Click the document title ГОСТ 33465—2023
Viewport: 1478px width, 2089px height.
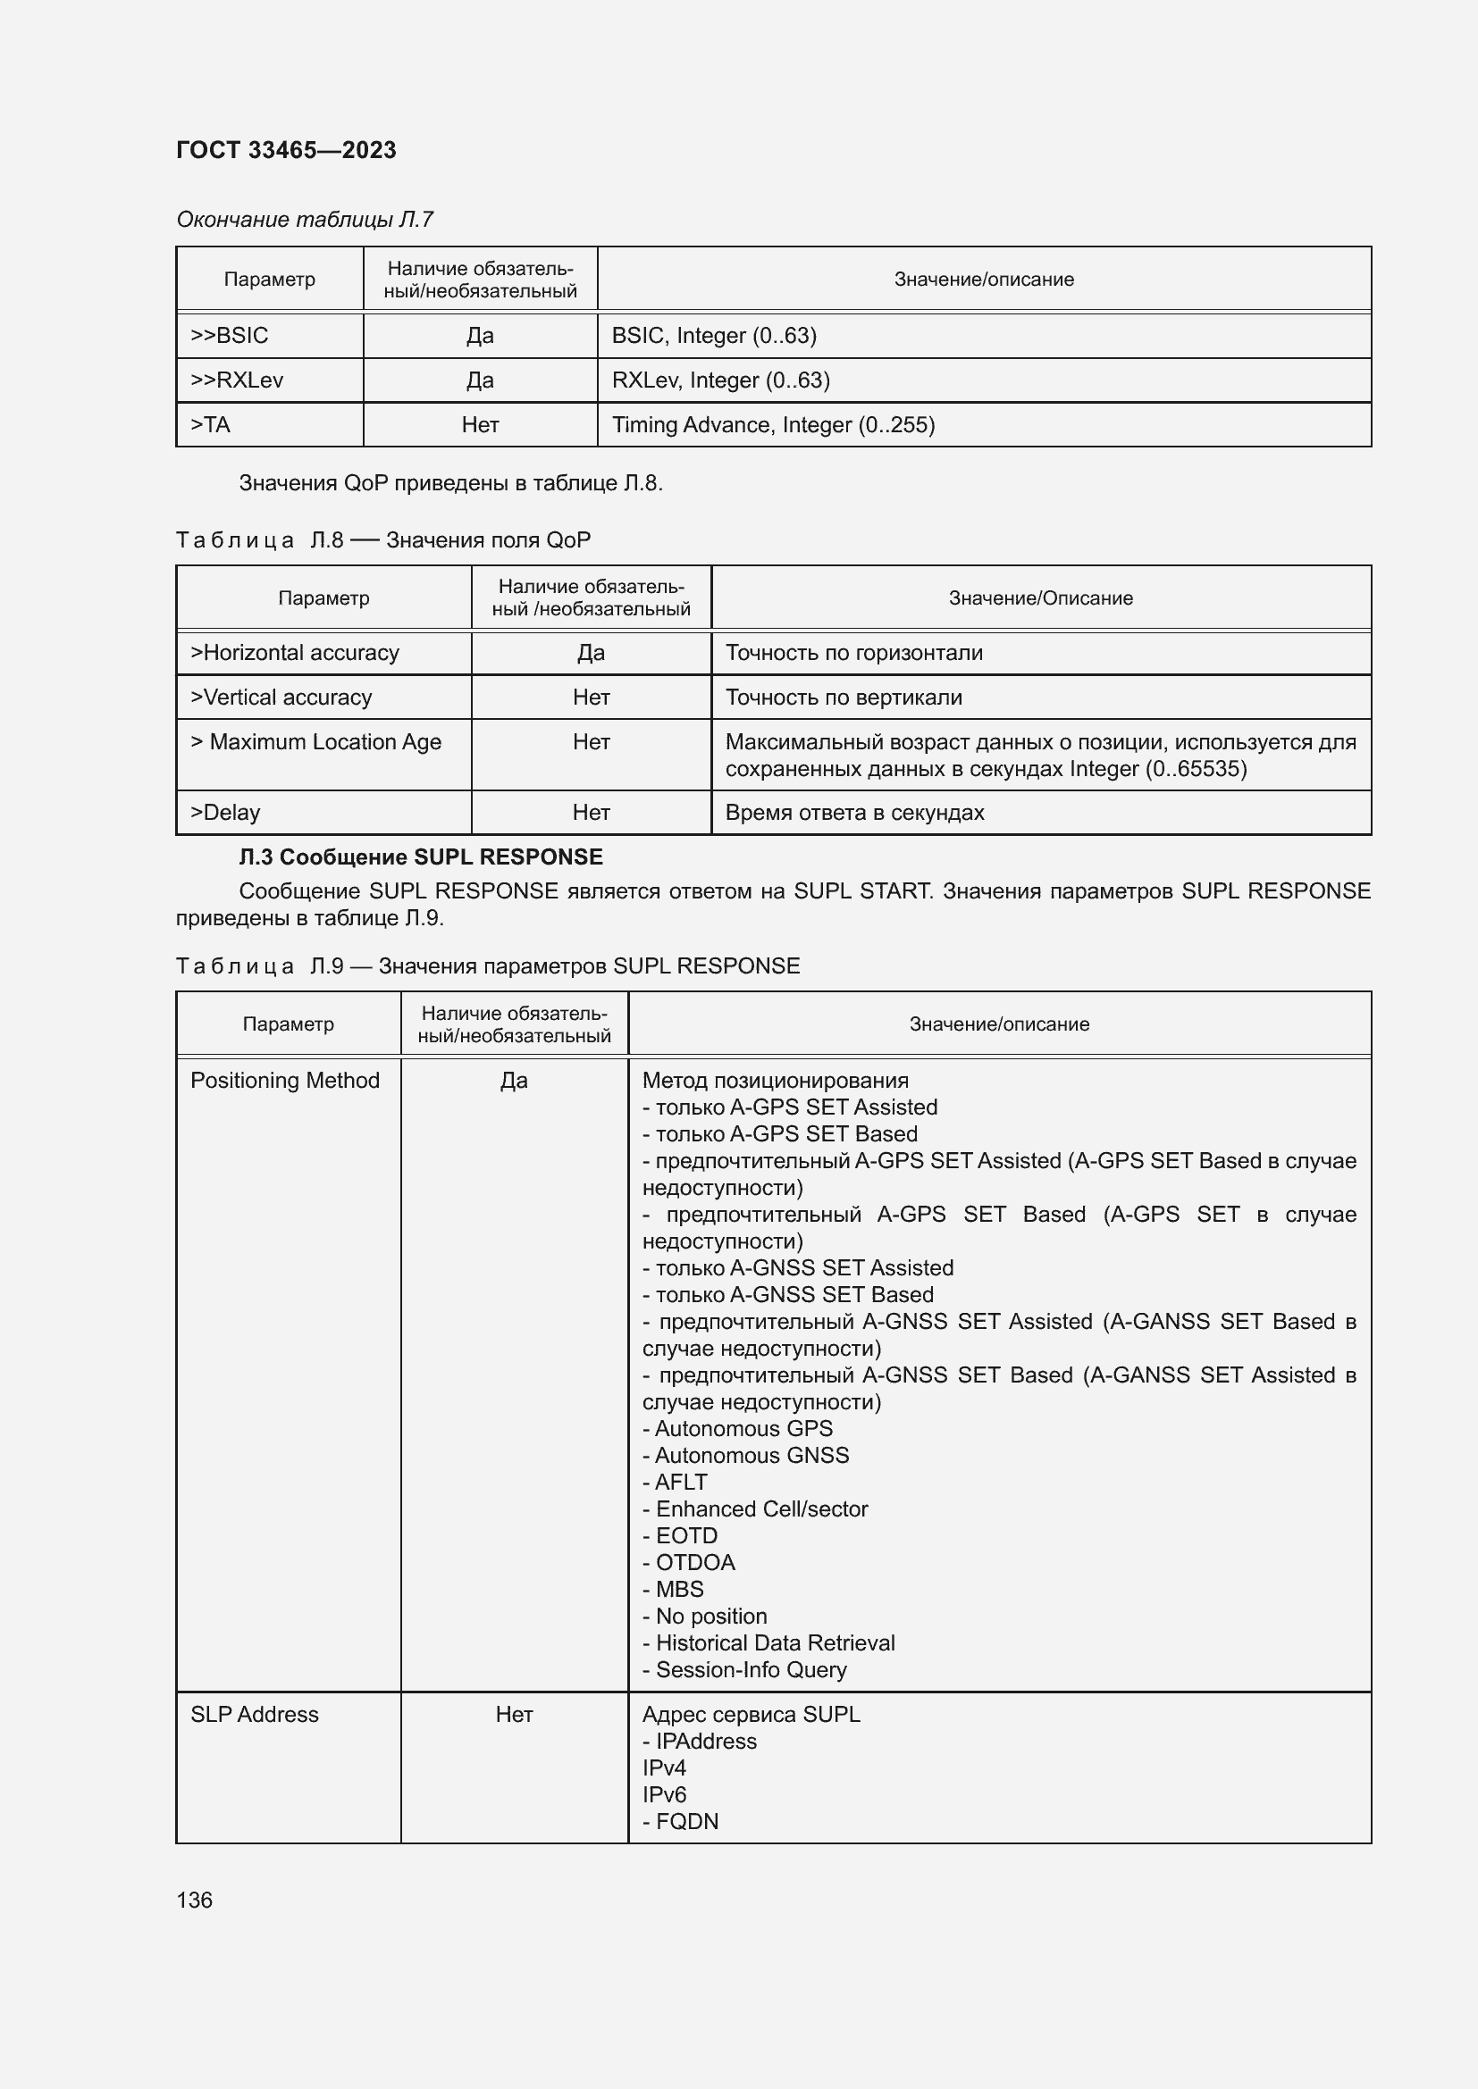click(x=286, y=150)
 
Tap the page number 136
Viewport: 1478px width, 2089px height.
click(x=194, y=1900)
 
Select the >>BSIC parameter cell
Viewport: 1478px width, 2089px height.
click(x=230, y=336)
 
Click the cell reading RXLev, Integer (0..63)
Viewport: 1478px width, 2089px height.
click(x=720, y=380)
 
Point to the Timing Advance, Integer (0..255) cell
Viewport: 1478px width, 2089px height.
click(x=773, y=425)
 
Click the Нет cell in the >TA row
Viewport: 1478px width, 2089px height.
click(x=480, y=425)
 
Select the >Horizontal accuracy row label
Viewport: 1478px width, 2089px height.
click(x=294, y=652)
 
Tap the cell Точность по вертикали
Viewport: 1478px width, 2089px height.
click(x=843, y=697)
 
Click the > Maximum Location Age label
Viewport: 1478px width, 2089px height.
click(x=315, y=741)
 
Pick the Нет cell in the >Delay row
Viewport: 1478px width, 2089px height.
click(x=591, y=813)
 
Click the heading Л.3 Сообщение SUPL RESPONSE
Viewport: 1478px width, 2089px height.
click(x=421, y=857)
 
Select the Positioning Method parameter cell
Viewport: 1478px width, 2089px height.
click(x=284, y=1080)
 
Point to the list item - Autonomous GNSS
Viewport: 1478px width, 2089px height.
click(x=745, y=1455)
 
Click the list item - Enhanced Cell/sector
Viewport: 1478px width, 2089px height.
click(x=754, y=1508)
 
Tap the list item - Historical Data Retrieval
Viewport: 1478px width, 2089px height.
click(x=768, y=1642)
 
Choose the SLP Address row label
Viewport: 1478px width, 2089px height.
click(x=254, y=1714)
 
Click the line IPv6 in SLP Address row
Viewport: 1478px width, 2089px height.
click(x=663, y=1794)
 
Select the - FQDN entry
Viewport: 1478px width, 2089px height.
click(x=680, y=1820)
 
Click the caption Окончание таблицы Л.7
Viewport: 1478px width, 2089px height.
click(x=304, y=220)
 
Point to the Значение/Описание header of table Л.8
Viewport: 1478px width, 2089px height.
click(x=1040, y=597)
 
